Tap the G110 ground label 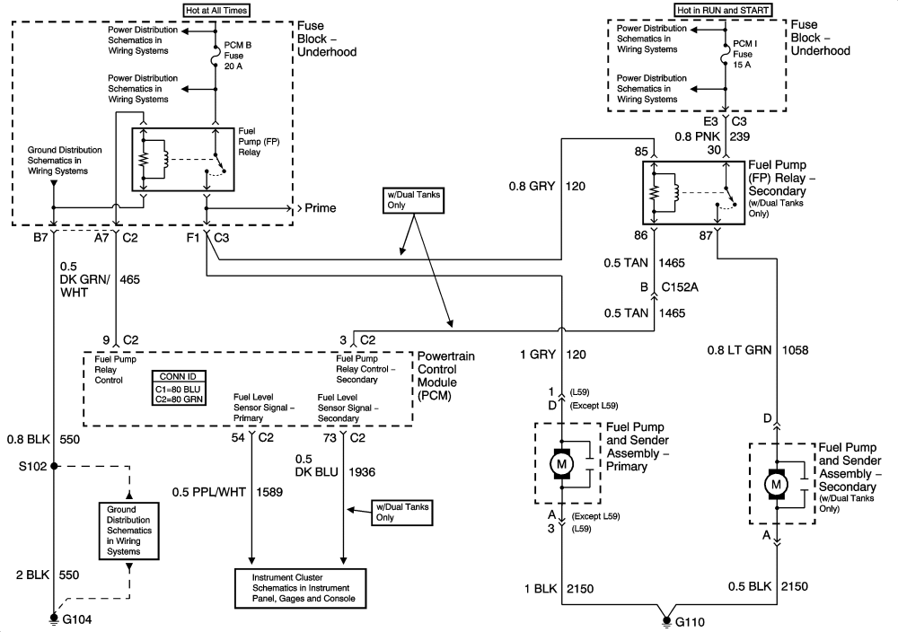coord(690,619)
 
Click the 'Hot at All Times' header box coord(216,11)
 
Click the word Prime coord(321,208)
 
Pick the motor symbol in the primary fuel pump coord(562,465)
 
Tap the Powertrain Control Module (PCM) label coord(445,375)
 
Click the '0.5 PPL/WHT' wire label coord(207,492)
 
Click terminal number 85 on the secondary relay coord(641,152)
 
